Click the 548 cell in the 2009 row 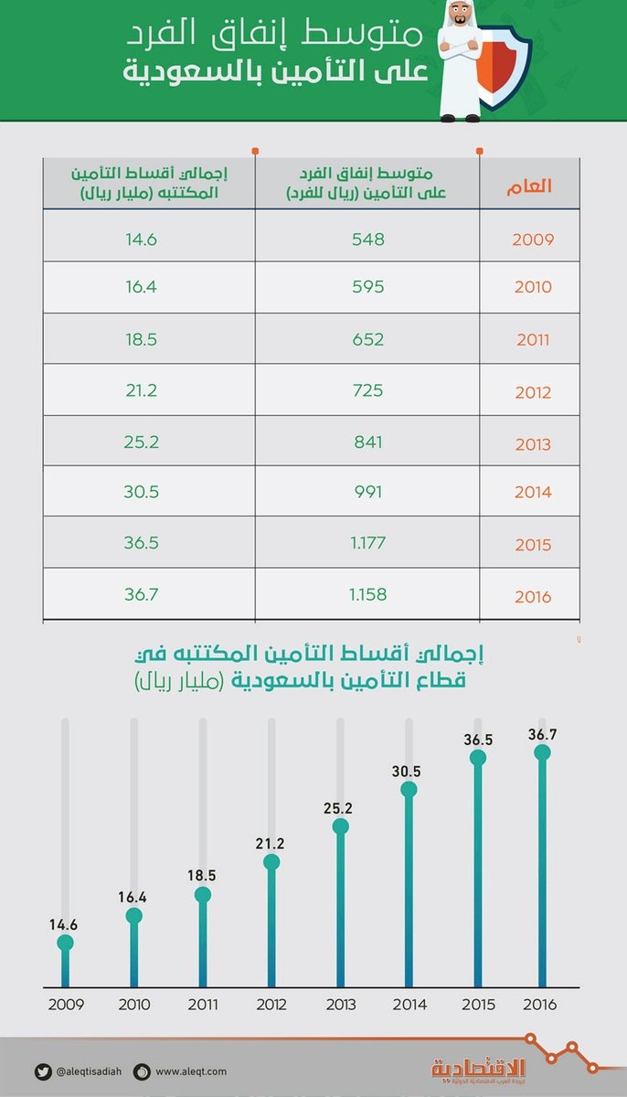pyautogui.click(x=367, y=240)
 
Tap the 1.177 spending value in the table pyautogui.click(x=367, y=543)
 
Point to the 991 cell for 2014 pyautogui.click(x=367, y=491)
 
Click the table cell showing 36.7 pyautogui.click(x=142, y=594)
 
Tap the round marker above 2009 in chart pyautogui.click(x=64, y=943)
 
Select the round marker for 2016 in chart pyautogui.click(x=543, y=752)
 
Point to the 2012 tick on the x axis pyautogui.click(x=271, y=1005)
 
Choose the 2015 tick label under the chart pyautogui.click(x=477, y=1005)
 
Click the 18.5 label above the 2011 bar pyautogui.click(x=202, y=875)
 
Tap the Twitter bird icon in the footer pyautogui.click(x=44, y=1071)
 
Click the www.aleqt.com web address pyautogui.click(x=190, y=1071)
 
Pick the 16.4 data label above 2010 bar pyautogui.click(x=133, y=897)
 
